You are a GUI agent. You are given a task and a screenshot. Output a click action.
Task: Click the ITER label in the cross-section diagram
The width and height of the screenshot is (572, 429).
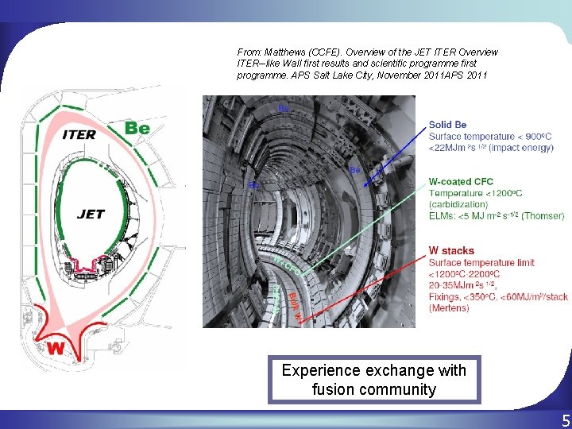pyautogui.click(x=78, y=134)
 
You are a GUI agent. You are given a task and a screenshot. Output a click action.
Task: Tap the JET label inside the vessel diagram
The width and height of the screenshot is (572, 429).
pyautogui.click(x=91, y=214)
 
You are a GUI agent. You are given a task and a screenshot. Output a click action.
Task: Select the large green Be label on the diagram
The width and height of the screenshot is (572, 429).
pyautogui.click(x=137, y=127)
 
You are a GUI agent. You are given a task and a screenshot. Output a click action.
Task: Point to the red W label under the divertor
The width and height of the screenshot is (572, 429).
pyautogui.click(x=56, y=348)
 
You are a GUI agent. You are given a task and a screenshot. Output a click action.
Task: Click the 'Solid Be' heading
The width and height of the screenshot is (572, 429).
pyautogui.click(x=447, y=125)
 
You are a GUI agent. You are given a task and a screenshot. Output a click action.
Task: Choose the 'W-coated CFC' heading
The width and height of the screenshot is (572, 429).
pyautogui.click(x=461, y=182)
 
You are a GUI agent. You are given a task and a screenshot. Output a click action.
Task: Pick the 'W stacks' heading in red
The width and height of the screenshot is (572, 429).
pyautogui.click(x=450, y=251)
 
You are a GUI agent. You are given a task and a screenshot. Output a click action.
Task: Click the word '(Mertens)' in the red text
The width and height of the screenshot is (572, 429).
pyautogui.click(x=449, y=308)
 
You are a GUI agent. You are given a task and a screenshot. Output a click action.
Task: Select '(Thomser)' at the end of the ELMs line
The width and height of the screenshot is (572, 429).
pyautogui.click(x=544, y=215)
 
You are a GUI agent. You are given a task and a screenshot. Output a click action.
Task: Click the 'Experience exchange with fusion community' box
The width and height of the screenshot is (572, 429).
pyautogui.click(x=374, y=380)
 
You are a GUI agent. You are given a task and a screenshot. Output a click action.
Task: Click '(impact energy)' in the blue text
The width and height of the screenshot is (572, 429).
pyautogui.click(x=520, y=147)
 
